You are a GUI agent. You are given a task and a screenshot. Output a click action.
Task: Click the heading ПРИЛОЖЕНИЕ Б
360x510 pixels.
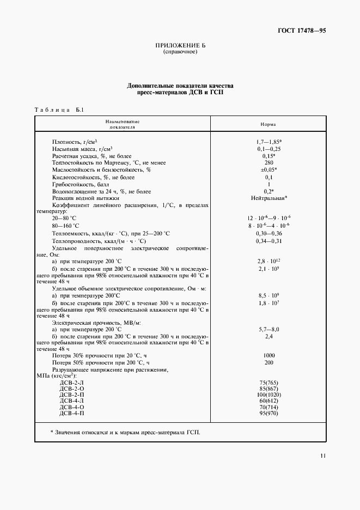click(x=180, y=45)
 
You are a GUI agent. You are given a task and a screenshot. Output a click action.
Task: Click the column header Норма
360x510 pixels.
click(x=268, y=124)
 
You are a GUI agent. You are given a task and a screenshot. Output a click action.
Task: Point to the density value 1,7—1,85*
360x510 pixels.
click(x=268, y=142)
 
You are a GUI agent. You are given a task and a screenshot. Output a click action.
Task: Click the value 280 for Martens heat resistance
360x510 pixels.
click(x=268, y=163)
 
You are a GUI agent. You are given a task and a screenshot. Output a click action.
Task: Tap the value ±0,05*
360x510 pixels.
click(x=268, y=170)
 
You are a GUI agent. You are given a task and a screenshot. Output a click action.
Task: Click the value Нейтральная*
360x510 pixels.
click(x=269, y=198)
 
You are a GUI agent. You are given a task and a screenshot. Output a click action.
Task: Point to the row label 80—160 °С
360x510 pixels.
click(x=65, y=226)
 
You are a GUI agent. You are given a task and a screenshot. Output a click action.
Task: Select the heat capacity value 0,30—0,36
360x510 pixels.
click(x=268, y=234)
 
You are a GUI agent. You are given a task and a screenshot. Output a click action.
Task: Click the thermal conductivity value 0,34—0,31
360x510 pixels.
click(x=268, y=241)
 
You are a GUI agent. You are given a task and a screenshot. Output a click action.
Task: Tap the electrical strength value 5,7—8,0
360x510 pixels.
click(x=268, y=330)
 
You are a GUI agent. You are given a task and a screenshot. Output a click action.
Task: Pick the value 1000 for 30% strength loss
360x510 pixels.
click(x=268, y=356)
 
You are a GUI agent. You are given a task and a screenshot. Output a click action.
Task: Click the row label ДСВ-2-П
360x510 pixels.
click(x=71, y=394)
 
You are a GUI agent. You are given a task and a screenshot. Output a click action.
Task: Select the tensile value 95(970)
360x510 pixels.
click(x=268, y=414)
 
